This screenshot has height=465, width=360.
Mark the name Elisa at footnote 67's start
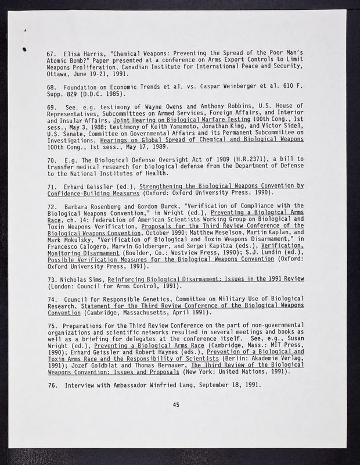[x=74, y=54]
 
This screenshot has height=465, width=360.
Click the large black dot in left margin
[x=24, y=49]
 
